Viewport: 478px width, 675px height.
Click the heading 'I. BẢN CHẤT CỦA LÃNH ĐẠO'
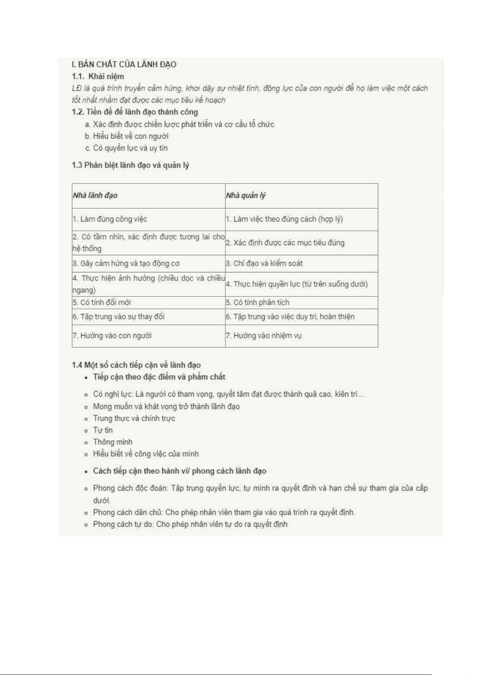click(x=124, y=64)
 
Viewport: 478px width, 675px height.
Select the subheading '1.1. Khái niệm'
click(x=98, y=77)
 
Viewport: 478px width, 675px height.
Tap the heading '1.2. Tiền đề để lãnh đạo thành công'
click(x=135, y=112)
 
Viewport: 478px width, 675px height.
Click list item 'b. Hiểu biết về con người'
click(x=127, y=136)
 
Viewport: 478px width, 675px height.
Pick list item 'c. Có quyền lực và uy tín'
click(x=126, y=148)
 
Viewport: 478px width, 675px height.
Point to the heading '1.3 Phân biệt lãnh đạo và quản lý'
click(x=130, y=165)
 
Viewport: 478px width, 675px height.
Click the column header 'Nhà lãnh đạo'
click(x=95, y=195)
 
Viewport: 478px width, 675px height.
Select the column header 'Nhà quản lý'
click(x=246, y=195)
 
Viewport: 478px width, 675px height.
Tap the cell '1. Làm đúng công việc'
click(x=110, y=219)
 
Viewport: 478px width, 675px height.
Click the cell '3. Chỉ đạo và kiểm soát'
click(x=264, y=264)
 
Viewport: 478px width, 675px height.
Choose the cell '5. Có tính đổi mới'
click(x=102, y=302)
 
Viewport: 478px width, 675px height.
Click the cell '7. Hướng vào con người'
click(x=112, y=336)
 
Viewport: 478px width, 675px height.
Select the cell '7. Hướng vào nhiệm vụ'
click(x=263, y=336)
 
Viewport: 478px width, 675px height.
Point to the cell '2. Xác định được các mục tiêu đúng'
click(x=285, y=243)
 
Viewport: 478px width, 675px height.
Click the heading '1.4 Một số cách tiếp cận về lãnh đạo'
click(x=136, y=365)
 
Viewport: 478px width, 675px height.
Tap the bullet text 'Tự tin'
click(x=103, y=430)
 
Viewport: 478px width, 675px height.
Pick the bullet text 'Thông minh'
click(x=113, y=442)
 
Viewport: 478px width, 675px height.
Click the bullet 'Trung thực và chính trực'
click(x=134, y=418)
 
